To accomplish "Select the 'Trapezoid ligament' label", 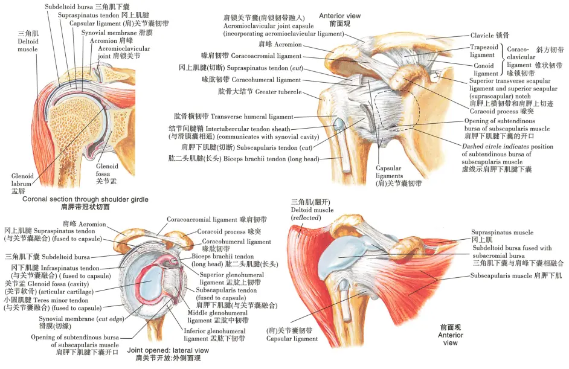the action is click(x=484, y=51).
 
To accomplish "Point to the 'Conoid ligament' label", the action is click(x=484, y=69).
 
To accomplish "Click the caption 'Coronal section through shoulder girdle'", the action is click(x=85, y=199).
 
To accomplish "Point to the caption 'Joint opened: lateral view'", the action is click(x=168, y=350).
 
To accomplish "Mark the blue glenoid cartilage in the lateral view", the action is click(x=151, y=283).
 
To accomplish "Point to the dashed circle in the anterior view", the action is click(x=420, y=108).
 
